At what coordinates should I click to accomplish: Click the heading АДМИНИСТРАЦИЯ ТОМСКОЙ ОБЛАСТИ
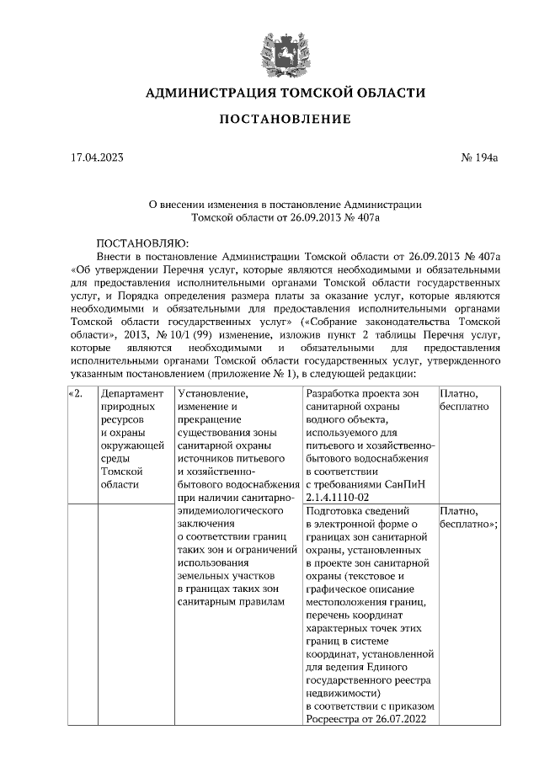[286, 93]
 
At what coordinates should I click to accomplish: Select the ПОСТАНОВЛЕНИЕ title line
[286, 120]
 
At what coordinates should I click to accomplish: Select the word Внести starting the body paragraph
[115, 255]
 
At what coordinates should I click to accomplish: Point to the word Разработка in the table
[336, 394]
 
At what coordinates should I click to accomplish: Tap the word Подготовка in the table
[337, 511]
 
